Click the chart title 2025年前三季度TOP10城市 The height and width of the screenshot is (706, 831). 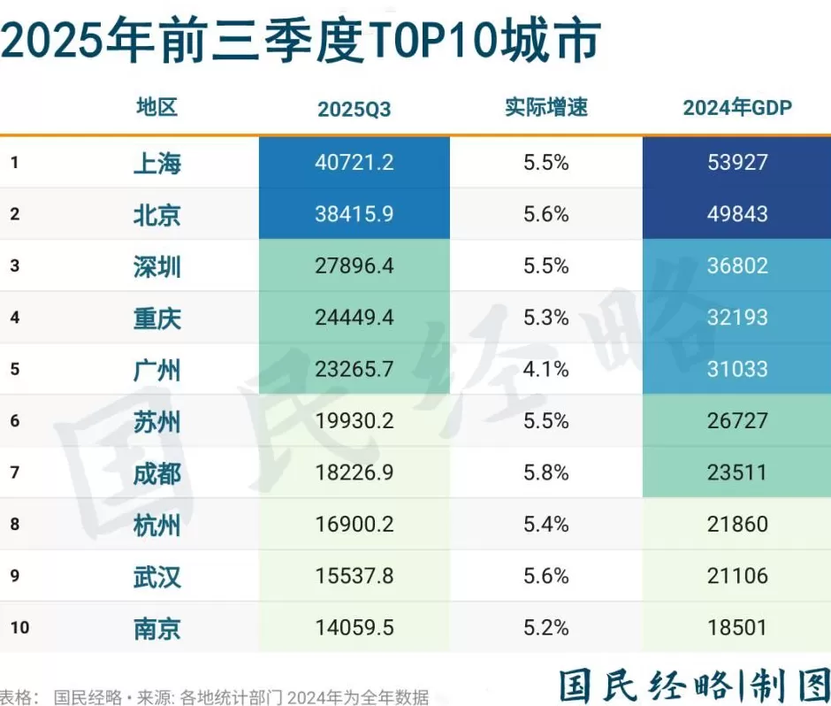(301, 40)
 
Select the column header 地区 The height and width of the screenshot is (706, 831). (157, 108)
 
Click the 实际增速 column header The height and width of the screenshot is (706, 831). (545, 108)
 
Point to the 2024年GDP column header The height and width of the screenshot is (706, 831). (737, 108)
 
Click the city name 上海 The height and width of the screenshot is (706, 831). (157, 163)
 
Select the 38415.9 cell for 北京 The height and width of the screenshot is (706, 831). (354, 214)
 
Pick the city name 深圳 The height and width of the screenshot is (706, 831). (157, 266)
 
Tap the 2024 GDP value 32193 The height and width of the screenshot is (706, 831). (737, 318)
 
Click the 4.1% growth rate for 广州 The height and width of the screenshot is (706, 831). (545, 369)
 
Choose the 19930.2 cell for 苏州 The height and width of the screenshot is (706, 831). (354, 421)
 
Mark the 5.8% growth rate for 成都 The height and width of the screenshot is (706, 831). (545, 472)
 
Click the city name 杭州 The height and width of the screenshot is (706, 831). (157, 525)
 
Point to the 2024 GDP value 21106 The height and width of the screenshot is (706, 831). (737, 576)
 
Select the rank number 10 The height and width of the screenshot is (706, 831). (20, 628)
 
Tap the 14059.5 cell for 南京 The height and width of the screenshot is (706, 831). (354, 628)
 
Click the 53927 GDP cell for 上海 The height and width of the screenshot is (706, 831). (737, 163)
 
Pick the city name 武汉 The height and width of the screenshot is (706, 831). (157, 577)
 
